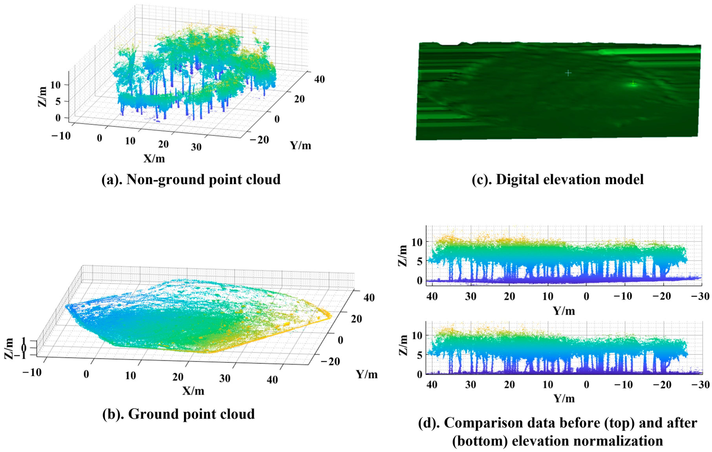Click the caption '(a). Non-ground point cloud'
pyautogui.click(x=191, y=179)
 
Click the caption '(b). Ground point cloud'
pyautogui.click(x=178, y=414)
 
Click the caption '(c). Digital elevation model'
pyautogui.click(x=558, y=179)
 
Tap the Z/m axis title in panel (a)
pyautogui.click(x=42, y=97)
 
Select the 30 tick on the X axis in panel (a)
pyautogui.click(x=196, y=147)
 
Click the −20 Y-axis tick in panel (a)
pyautogui.click(x=259, y=140)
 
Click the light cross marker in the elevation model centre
pyautogui.click(x=568, y=73)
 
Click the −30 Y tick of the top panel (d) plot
pyautogui.click(x=700, y=296)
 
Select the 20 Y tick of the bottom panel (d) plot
pyautogui.click(x=509, y=385)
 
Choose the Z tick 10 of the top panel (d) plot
pyautogui.click(x=417, y=242)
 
